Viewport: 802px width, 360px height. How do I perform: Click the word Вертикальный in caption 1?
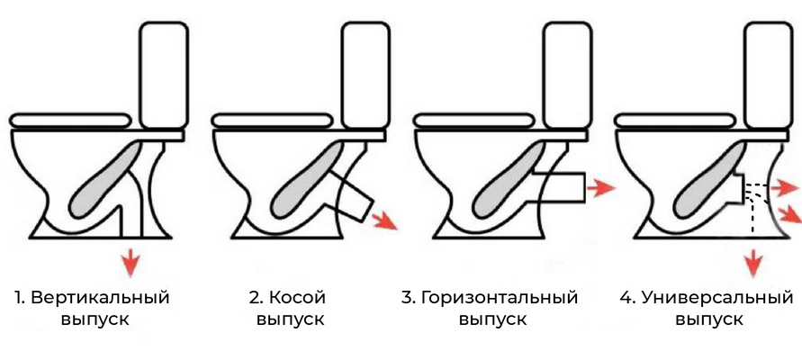[x=100, y=298]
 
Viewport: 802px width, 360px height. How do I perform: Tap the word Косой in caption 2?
[x=297, y=297]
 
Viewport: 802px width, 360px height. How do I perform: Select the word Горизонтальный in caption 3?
[x=500, y=298]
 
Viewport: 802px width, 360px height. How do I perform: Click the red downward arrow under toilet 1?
[x=131, y=262]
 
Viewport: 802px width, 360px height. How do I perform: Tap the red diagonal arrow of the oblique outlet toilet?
[x=383, y=220]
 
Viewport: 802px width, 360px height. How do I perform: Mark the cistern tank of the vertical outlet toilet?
[x=164, y=75]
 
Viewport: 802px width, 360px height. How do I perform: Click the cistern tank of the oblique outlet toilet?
[x=365, y=75]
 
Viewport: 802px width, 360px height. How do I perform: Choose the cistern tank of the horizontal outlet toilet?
[x=567, y=75]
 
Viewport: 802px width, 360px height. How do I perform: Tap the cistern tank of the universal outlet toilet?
[x=768, y=75]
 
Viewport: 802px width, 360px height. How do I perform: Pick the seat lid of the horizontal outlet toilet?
[x=473, y=121]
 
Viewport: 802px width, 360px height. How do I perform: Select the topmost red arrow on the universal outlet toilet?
[x=785, y=189]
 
